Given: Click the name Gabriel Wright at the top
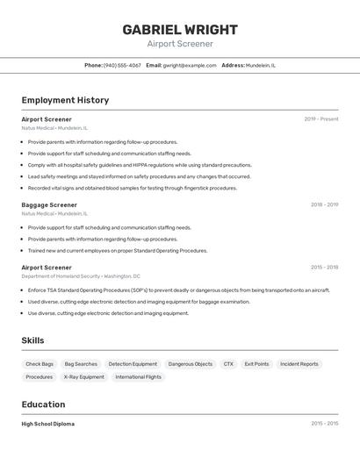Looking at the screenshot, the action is (180, 29).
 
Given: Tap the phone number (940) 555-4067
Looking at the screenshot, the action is (122, 65).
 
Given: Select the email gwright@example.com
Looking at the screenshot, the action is (190, 65).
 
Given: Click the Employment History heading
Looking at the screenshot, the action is (65, 100).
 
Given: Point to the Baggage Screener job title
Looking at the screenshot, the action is (49, 205).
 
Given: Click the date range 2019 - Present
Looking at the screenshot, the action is (321, 119).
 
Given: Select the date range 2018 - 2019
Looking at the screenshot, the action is (324, 205).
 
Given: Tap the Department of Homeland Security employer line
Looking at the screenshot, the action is (81, 276).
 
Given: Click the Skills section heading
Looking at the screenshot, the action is (32, 340).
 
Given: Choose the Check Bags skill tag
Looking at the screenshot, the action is (40, 364).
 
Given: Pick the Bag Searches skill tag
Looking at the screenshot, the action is (81, 364).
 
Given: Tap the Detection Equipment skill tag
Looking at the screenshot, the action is (133, 364).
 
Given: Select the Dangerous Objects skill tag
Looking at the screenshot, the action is (191, 364).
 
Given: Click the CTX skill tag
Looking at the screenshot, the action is (228, 364).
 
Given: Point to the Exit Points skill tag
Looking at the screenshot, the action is (256, 364).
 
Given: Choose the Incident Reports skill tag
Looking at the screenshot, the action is (299, 364).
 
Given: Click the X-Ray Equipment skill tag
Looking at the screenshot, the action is (84, 377).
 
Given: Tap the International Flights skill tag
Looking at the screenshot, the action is (139, 377).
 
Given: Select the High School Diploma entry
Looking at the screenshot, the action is (48, 424).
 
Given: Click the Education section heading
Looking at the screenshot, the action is (43, 404).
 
